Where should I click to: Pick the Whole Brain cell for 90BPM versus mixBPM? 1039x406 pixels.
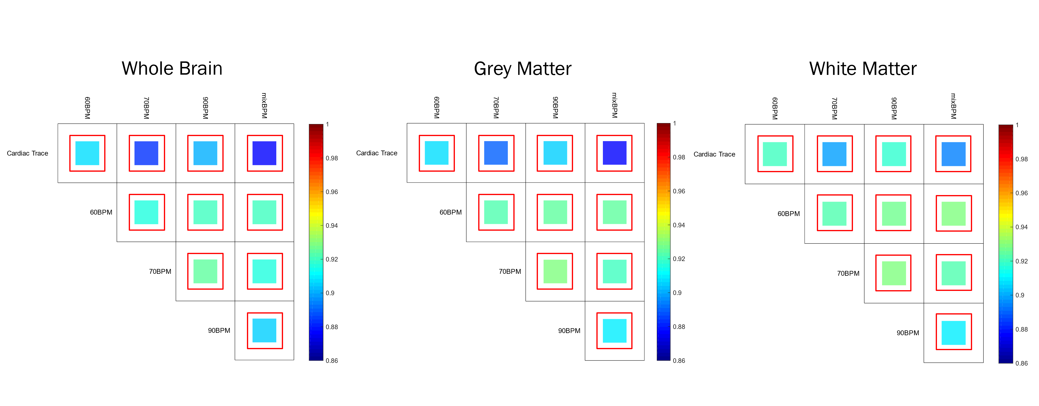click(265, 331)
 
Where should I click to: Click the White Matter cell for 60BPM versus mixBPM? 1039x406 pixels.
click(954, 214)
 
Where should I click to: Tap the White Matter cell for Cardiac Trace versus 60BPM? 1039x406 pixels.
click(775, 154)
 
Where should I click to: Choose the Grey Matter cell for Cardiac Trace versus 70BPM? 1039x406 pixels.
click(496, 153)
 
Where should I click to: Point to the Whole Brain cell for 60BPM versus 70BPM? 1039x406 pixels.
click(146, 212)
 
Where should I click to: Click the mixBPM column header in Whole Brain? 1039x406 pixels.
click(264, 106)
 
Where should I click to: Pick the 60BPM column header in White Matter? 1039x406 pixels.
click(775, 108)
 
